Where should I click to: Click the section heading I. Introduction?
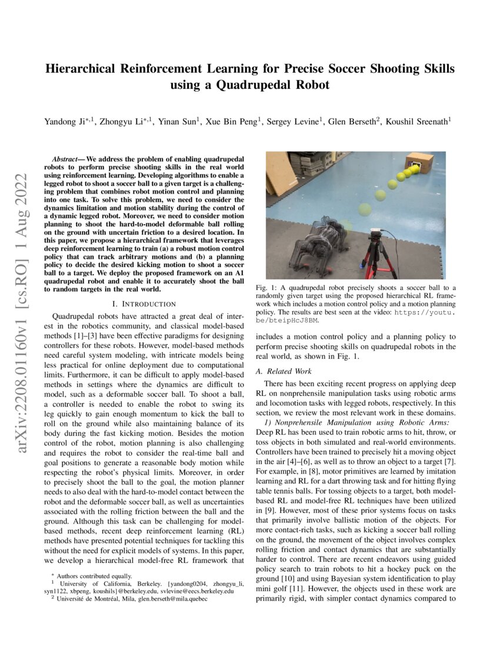tap(144, 304)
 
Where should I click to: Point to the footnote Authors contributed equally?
tap(90, 576)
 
